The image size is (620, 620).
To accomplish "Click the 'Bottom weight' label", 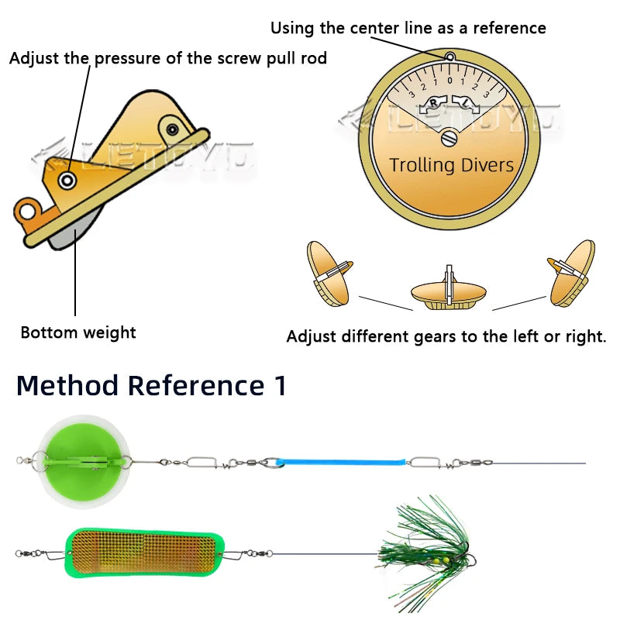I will pyautogui.click(x=77, y=332).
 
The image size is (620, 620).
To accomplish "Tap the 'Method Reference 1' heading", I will pyautogui.click(x=151, y=385).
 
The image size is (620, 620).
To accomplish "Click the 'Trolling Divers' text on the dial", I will pyautogui.click(x=451, y=164).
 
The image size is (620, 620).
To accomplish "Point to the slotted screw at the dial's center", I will pyautogui.click(x=450, y=139).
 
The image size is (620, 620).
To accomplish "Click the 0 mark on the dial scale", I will pyautogui.click(x=449, y=81).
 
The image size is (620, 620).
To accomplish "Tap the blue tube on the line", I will pyautogui.click(x=342, y=463).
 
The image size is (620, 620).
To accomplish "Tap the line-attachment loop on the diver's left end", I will pyautogui.click(x=28, y=210).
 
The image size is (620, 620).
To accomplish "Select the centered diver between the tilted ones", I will pyautogui.click(x=449, y=291).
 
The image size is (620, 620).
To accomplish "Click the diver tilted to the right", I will pyautogui.click(x=572, y=273).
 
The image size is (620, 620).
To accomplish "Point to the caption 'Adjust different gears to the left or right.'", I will pyautogui.click(x=446, y=337).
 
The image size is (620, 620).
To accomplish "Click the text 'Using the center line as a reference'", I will pyautogui.click(x=408, y=28).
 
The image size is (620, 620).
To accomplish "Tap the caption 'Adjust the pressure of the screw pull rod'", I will pyautogui.click(x=167, y=59).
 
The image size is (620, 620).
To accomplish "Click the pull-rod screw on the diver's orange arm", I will pyautogui.click(x=68, y=181).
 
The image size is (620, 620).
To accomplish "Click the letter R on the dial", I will pyautogui.click(x=436, y=102).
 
